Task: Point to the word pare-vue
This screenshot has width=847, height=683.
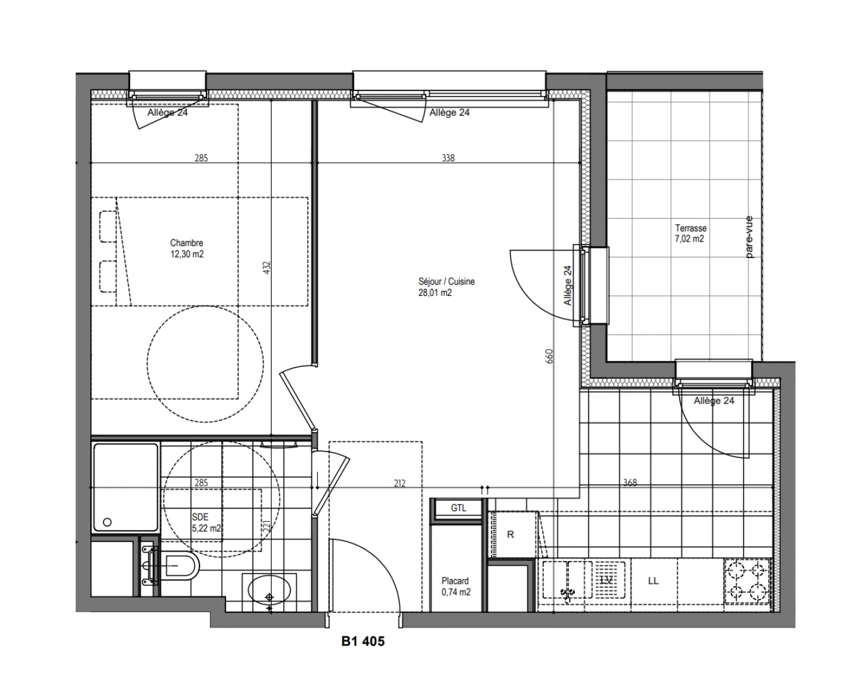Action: click(749, 237)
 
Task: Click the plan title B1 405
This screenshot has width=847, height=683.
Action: click(363, 641)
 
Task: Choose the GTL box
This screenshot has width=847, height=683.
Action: click(459, 508)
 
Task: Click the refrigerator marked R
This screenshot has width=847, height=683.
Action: click(511, 534)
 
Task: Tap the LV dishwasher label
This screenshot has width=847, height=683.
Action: click(606, 580)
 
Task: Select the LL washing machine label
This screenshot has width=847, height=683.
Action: click(653, 581)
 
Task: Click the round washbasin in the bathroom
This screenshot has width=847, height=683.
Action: click(271, 591)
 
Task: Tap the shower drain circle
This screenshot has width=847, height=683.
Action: click(107, 522)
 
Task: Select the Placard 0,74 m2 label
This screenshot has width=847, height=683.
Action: click(455, 586)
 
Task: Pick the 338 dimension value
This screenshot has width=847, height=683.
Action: click(448, 158)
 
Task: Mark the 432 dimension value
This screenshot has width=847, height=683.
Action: click(267, 269)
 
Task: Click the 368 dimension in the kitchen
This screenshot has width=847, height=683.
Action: click(630, 483)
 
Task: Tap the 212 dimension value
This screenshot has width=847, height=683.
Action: click(399, 484)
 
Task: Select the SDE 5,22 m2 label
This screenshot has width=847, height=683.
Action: click(206, 523)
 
